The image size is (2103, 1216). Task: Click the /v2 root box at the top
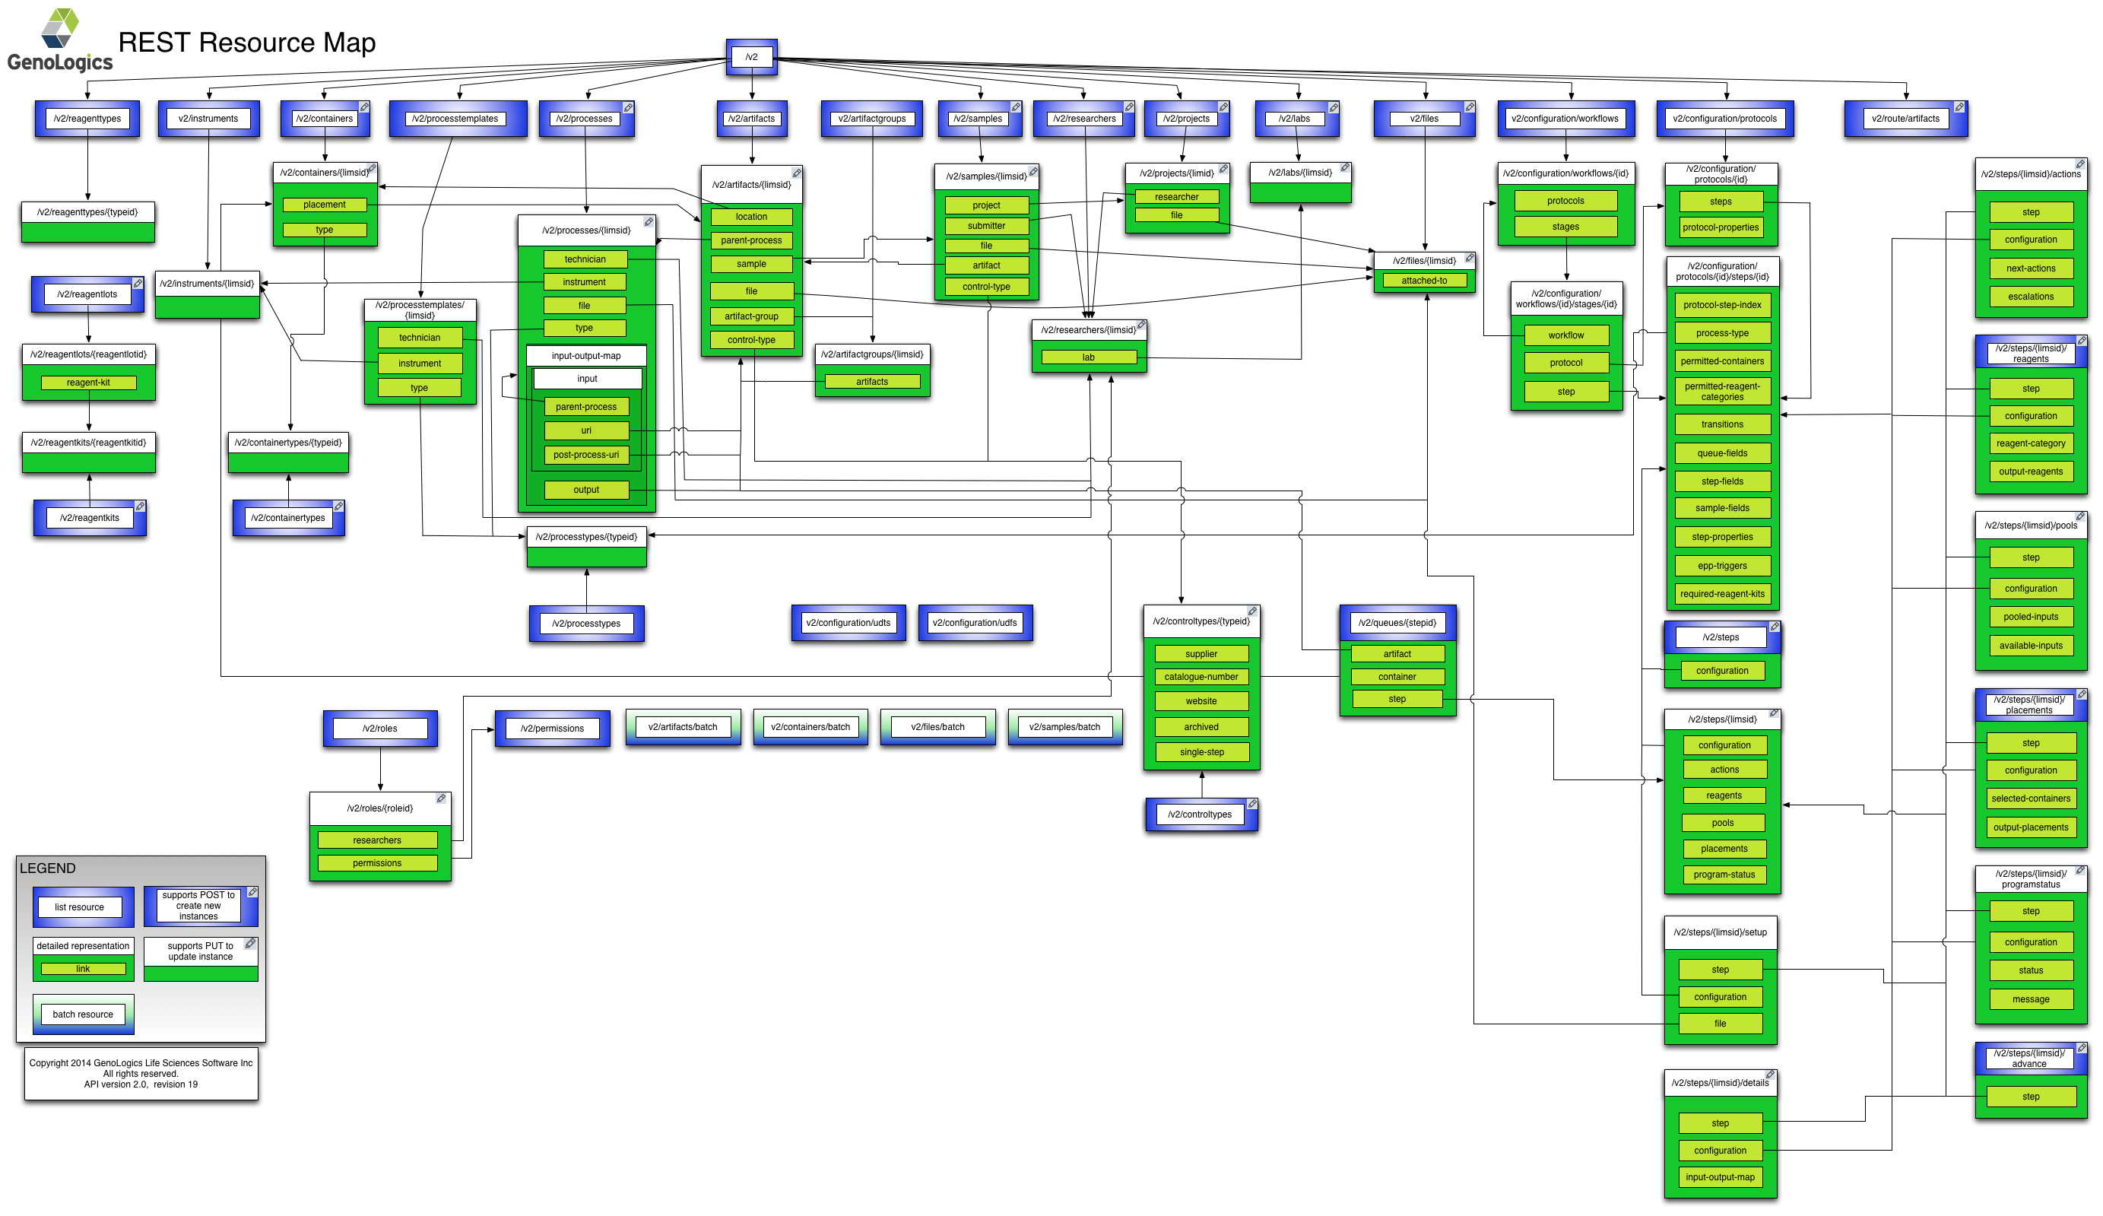[751, 57]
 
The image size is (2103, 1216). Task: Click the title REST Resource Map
[247, 43]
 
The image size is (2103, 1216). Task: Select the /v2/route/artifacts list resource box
[1905, 119]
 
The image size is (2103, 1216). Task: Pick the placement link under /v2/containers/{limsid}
[324, 205]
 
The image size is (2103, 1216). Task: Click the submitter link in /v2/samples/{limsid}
[985, 226]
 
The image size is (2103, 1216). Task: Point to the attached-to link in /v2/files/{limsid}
[1424, 281]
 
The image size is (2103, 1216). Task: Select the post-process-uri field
[586, 455]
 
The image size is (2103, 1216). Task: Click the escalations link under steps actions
[2031, 297]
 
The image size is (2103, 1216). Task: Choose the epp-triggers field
[1721, 566]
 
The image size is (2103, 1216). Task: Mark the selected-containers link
[2031, 798]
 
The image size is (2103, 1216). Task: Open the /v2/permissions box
[552, 729]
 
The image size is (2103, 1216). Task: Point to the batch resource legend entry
[83, 1014]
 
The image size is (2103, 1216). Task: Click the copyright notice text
[140, 1073]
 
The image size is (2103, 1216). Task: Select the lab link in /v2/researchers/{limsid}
[1088, 357]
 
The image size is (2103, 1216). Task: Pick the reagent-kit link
[88, 383]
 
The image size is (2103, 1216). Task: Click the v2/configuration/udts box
[848, 623]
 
